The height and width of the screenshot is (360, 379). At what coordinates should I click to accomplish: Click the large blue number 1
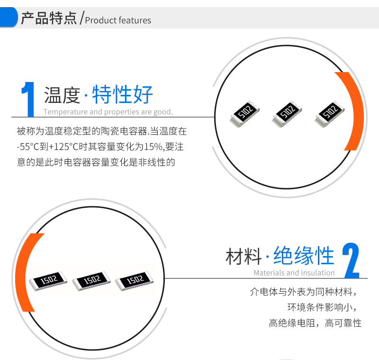(28, 100)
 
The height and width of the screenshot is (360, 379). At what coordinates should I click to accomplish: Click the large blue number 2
(351, 260)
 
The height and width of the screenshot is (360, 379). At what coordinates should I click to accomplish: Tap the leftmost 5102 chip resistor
(244, 113)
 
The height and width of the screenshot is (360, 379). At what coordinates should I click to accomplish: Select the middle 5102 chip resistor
(287, 113)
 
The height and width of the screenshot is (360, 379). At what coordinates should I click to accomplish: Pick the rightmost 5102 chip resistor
(329, 113)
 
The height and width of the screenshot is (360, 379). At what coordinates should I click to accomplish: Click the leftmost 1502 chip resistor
(48, 281)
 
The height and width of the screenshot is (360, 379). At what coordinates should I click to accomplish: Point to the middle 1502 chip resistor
(91, 281)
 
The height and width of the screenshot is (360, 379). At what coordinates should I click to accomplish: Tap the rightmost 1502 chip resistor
(135, 281)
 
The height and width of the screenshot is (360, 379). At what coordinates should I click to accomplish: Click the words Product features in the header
(118, 20)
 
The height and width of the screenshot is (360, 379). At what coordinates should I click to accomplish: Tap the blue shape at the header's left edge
(9, 17)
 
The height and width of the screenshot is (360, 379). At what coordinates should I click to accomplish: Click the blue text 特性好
(122, 94)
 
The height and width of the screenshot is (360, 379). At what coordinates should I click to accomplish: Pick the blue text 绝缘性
(304, 256)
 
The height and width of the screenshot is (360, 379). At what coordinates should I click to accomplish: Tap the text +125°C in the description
(63, 147)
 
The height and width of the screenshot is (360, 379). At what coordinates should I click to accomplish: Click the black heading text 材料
(244, 257)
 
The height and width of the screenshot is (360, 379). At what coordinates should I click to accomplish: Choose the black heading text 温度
(62, 95)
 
